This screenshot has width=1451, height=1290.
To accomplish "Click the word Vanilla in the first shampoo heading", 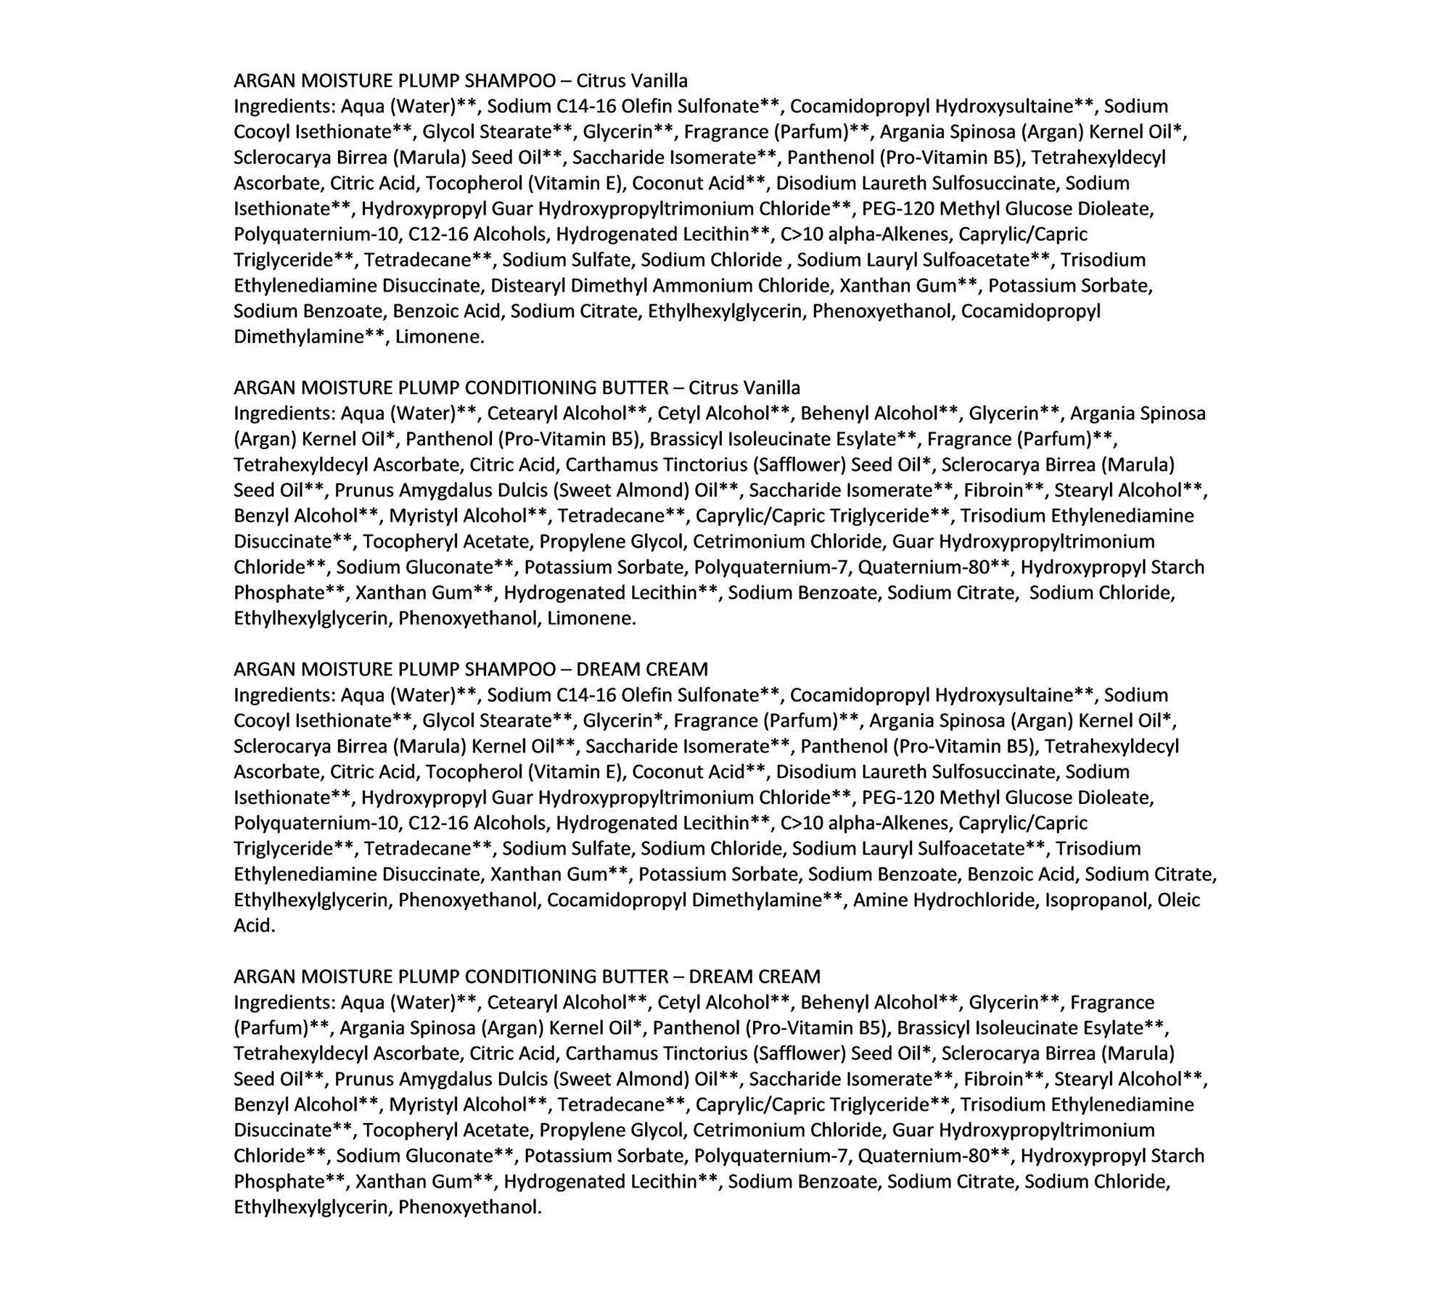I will pos(660,81).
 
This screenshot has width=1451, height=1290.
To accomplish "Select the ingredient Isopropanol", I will pos(1097,900).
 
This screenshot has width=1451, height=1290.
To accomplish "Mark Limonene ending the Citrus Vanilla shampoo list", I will pos(440,337).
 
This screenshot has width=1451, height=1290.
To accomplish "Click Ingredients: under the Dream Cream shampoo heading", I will pos(284,695).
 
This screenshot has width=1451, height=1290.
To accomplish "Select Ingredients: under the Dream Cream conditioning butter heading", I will pos(284,1003).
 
